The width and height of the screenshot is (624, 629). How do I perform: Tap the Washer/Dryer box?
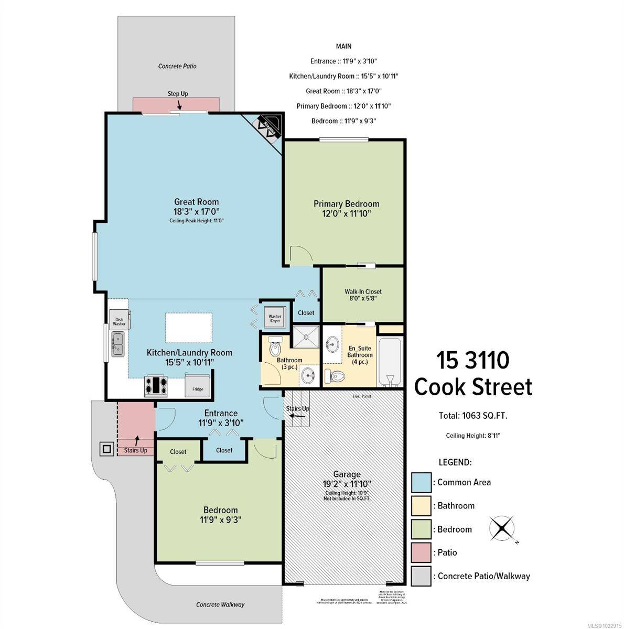click(275, 316)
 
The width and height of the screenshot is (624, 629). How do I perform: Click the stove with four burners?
click(156, 386)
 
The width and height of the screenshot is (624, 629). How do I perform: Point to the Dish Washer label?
click(119, 321)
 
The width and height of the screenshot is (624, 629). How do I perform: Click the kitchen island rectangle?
click(189, 327)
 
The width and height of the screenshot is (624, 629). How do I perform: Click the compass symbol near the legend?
click(502, 528)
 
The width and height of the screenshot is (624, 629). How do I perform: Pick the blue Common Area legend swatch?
click(421, 482)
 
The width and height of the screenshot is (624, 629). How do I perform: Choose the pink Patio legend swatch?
click(421, 552)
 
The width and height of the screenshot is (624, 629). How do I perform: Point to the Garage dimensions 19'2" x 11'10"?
click(347, 484)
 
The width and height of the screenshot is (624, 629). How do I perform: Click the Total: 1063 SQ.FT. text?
click(472, 416)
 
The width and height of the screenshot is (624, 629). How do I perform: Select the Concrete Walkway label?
click(220, 604)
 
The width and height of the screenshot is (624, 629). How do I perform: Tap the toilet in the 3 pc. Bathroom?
click(275, 346)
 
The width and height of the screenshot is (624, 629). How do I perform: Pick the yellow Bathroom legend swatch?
click(421, 506)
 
